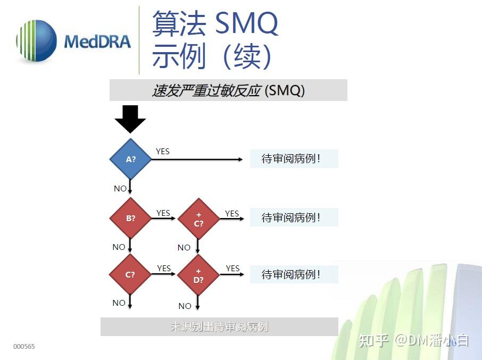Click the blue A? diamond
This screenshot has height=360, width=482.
(x=130, y=159)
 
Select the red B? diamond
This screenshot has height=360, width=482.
(x=130, y=218)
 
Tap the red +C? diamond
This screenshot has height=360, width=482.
(x=198, y=219)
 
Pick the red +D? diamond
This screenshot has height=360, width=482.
(x=198, y=275)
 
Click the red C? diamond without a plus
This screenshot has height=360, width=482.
(x=130, y=275)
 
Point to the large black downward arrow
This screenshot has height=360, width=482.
(x=130, y=119)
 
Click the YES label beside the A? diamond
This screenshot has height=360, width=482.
(x=163, y=152)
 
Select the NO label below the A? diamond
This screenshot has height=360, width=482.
(x=120, y=189)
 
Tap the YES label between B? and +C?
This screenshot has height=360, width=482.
(x=163, y=213)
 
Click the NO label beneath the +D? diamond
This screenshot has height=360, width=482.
(x=185, y=306)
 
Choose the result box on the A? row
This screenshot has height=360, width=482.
(x=294, y=159)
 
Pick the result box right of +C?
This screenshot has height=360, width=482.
(x=294, y=217)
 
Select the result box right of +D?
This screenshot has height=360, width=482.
(x=294, y=274)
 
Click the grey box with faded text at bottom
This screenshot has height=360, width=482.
(x=219, y=326)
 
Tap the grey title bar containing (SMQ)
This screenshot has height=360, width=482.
(x=228, y=90)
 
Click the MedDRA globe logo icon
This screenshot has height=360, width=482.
(x=36, y=41)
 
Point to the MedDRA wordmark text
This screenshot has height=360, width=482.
(x=97, y=41)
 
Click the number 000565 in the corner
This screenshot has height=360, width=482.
(x=24, y=347)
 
